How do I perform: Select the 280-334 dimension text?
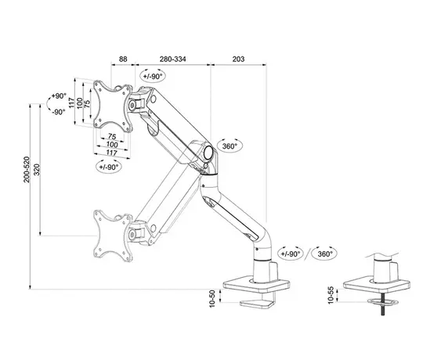tap(171, 58)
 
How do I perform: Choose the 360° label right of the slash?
tap(324, 254)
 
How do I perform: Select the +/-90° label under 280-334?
tap(154, 75)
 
